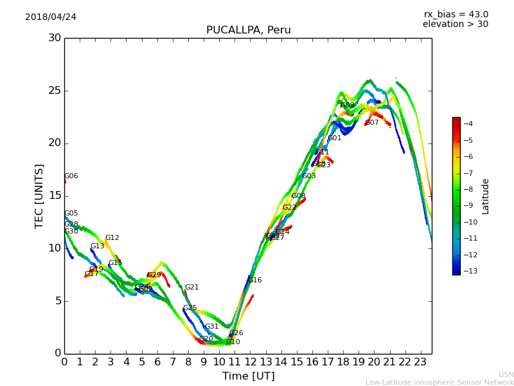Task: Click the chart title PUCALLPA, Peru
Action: tap(248, 30)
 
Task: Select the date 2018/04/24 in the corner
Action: tap(51, 17)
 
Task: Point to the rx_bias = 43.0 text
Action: tap(456, 14)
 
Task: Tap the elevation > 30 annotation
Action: tap(455, 24)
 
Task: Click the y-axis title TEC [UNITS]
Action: tap(39, 196)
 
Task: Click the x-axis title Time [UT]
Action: tap(248, 376)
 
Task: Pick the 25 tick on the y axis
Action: tap(55, 91)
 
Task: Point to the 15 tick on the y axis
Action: tap(55, 196)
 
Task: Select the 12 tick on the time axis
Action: tap(250, 362)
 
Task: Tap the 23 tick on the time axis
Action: tap(421, 362)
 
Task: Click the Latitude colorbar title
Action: tap(486, 196)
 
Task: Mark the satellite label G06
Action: tap(71, 176)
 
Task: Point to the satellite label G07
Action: tap(371, 123)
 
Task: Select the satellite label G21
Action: tap(191, 288)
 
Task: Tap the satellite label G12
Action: tap(112, 238)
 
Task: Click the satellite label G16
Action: tap(254, 280)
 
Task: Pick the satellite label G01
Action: tap(334, 138)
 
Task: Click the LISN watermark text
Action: tap(506, 374)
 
